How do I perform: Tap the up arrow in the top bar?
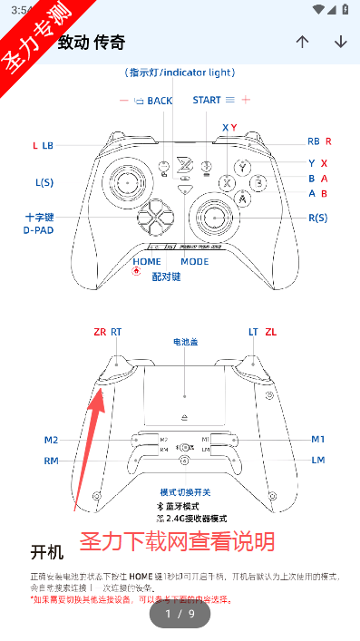pos(303,42)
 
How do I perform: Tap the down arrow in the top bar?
pos(341,42)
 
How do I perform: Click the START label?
pos(206,100)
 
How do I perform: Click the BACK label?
pos(160,101)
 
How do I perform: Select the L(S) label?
pos(44,182)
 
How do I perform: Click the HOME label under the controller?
pos(147,261)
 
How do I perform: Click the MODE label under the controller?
pos(194,261)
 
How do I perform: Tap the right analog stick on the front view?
pos(215,217)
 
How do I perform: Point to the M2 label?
pos(51,440)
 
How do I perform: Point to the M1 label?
pos(317,439)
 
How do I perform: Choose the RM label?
pos(51,461)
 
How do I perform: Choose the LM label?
pos(318,460)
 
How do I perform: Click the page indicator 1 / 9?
pos(180,614)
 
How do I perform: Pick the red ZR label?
pos(100,332)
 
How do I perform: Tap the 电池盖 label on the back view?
pos(185,343)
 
